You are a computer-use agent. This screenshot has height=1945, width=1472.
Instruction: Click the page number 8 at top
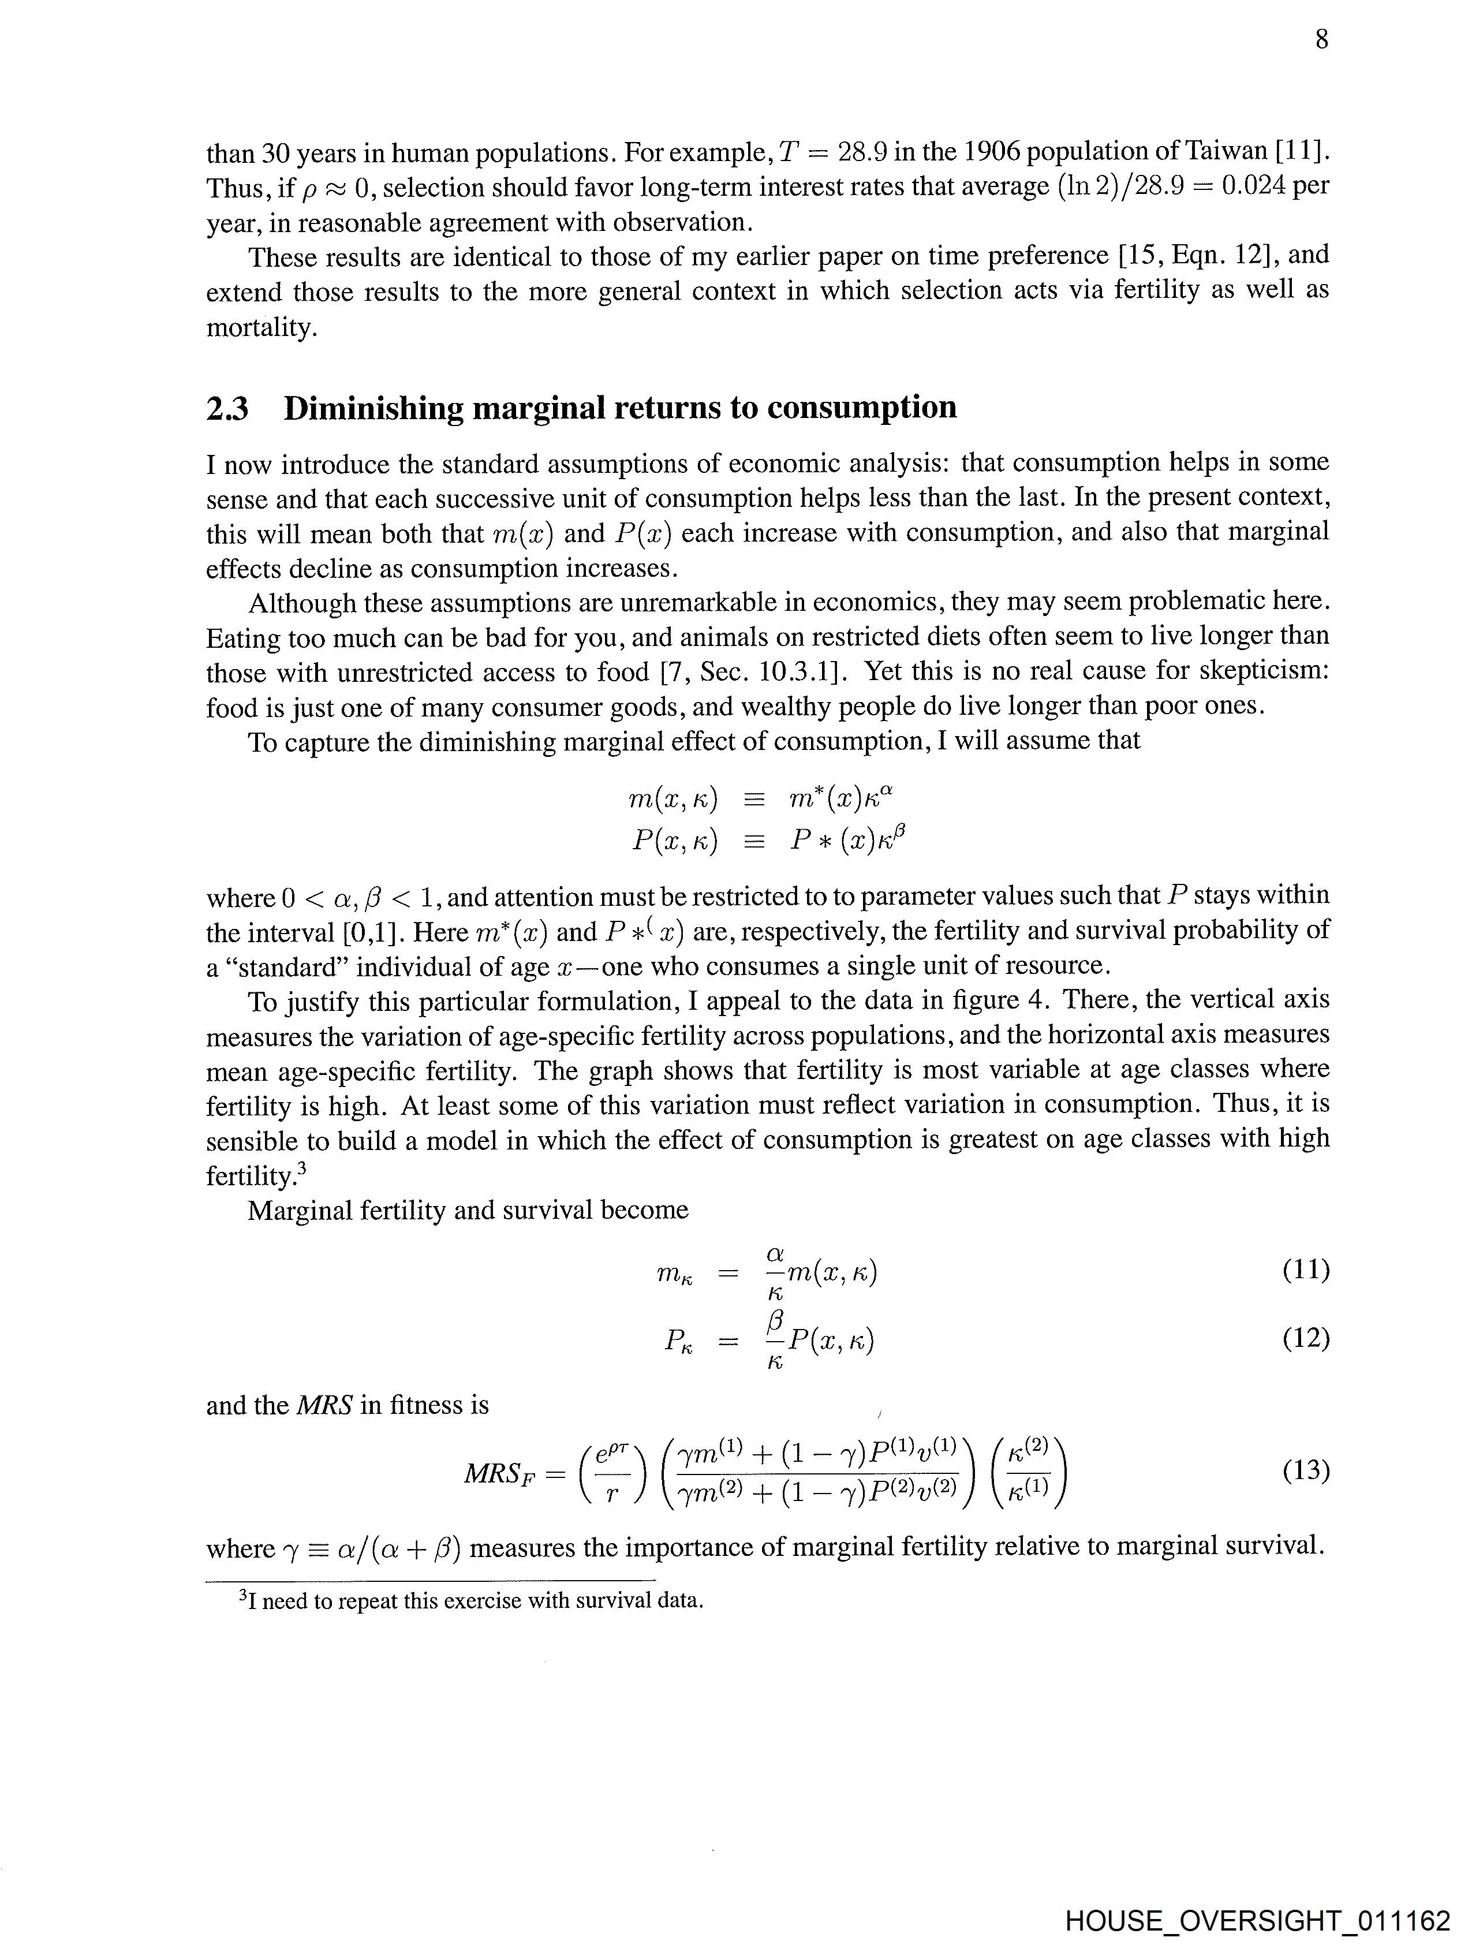coord(1321,40)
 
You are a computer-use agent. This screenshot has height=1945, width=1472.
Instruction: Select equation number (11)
coord(1305,1269)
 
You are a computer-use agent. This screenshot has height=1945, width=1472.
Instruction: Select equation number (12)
coord(1305,1338)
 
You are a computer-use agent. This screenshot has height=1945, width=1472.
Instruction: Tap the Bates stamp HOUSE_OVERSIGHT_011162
coord(1257,1918)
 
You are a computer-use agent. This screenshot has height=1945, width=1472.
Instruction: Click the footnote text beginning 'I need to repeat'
coord(475,1600)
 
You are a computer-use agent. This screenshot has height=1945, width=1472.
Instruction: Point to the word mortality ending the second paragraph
coord(260,328)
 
